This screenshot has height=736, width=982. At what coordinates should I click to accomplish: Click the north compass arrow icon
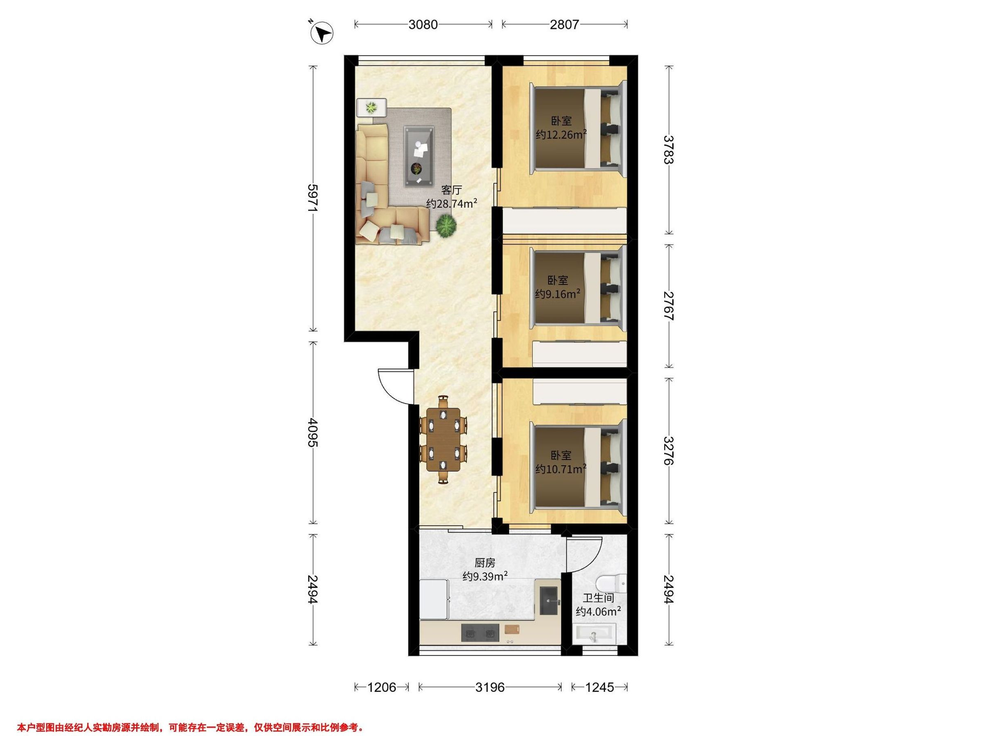pyautogui.click(x=322, y=33)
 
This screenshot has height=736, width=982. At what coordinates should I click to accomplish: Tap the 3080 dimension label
pyautogui.click(x=423, y=25)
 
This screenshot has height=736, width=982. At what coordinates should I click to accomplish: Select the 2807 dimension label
pyautogui.click(x=564, y=25)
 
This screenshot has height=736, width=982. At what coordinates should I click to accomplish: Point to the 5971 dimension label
pyautogui.click(x=313, y=198)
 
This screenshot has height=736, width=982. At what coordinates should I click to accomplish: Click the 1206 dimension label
pyautogui.click(x=382, y=687)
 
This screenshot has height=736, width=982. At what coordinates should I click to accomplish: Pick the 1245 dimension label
pyautogui.click(x=599, y=687)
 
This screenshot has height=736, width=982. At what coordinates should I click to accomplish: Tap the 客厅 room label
pyautogui.click(x=451, y=190)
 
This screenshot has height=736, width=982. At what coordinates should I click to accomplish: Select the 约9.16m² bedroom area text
pyautogui.click(x=558, y=294)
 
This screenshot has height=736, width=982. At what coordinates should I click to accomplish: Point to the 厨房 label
pyautogui.click(x=485, y=563)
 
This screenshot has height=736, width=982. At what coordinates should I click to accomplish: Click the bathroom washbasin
pyautogui.click(x=595, y=633)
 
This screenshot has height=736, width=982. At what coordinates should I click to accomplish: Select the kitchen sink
pyautogui.click(x=549, y=601)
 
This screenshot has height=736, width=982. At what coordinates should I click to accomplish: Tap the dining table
pyautogui.click(x=444, y=439)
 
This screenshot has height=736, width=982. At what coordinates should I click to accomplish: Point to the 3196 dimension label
pyautogui.click(x=490, y=687)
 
